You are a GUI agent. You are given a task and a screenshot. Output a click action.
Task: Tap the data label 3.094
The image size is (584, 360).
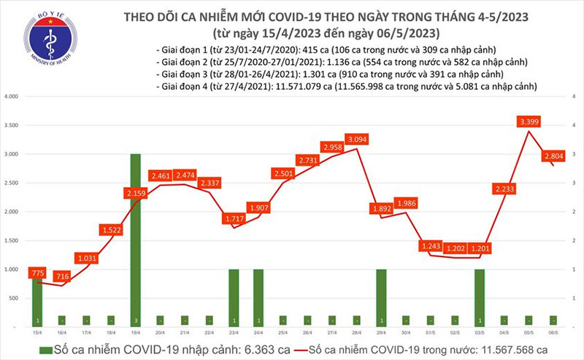pos(357,139)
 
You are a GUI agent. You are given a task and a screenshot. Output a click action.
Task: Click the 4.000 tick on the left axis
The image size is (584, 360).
pos(10,96)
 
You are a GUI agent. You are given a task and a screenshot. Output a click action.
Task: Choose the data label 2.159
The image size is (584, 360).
pos(136,193)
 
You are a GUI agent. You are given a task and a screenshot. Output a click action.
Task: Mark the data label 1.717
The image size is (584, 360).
pos(234,218)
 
